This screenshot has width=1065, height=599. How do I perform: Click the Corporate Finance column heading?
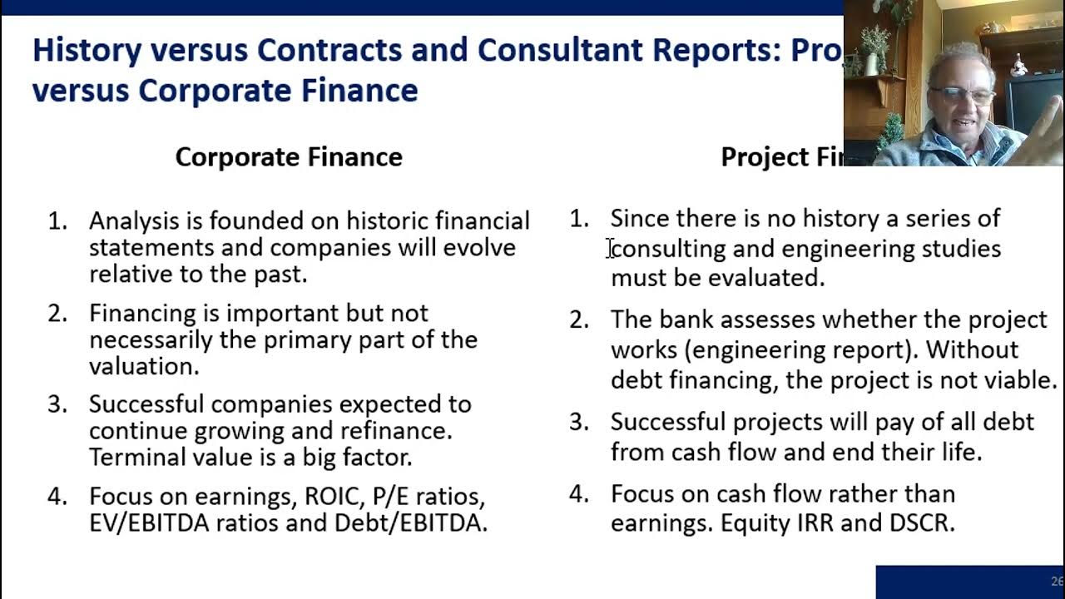pos(289,157)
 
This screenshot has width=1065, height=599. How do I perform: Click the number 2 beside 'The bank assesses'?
pos(579,320)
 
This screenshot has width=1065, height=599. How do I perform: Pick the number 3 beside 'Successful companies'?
pos(57,404)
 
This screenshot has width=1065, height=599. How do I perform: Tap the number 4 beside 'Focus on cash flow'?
pos(579,494)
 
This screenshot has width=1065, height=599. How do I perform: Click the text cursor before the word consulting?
pos(610,248)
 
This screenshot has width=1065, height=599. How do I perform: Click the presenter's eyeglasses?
pos(962,94)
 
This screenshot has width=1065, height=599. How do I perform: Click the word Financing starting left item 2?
pos(142,314)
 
